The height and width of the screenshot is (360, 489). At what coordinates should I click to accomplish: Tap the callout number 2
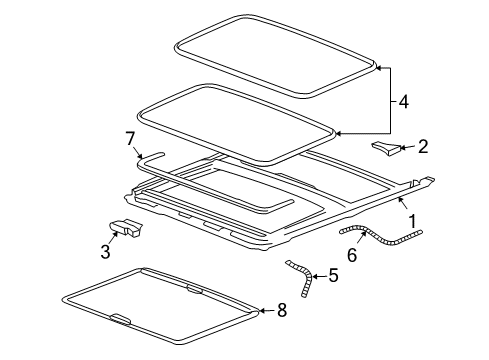pyautogui.click(x=423, y=147)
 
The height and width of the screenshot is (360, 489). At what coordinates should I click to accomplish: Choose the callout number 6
pyautogui.click(x=351, y=254)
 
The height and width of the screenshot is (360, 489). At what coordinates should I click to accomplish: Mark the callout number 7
pyautogui.click(x=130, y=137)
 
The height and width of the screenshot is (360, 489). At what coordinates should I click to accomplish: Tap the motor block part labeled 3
pyautogui.click(x=125, y=229)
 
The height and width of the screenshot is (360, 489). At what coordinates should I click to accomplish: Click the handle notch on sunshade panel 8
pyautogui.click(x=118, y=320)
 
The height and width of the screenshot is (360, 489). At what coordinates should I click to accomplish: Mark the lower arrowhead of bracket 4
pyautogui.click(x=340, y=132)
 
